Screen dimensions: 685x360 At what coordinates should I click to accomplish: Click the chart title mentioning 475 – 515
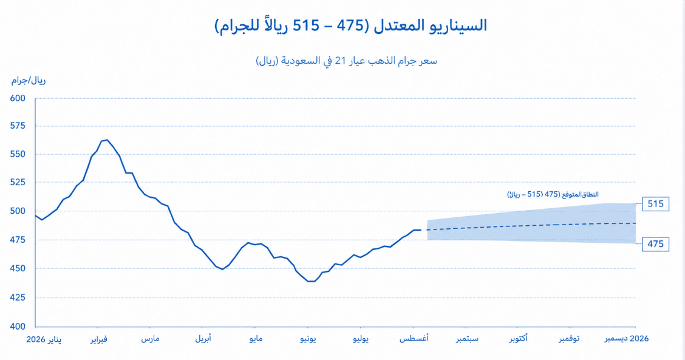350,25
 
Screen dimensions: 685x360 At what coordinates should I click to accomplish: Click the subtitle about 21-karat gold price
346,61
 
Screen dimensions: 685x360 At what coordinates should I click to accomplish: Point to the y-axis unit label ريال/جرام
29,80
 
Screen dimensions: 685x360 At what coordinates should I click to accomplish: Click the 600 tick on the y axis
18,98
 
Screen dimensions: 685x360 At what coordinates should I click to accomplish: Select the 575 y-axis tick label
18,126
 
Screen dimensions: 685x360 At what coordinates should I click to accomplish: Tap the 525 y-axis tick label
18,182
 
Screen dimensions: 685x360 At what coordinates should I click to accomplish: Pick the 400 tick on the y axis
18,326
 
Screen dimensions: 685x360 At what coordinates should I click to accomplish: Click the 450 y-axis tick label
18,268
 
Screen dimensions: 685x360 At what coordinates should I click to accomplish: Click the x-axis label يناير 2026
44,339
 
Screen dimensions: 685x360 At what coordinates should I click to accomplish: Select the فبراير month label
99,339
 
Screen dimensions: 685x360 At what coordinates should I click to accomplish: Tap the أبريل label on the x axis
203,339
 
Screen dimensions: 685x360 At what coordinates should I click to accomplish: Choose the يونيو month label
308,339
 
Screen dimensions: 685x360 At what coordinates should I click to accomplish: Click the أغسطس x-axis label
414,339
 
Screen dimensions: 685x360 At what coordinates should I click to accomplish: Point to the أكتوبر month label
519,339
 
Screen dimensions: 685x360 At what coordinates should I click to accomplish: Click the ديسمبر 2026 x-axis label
627,339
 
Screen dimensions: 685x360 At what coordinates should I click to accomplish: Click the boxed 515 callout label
655,203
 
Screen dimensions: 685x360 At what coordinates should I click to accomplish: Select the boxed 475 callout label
655,244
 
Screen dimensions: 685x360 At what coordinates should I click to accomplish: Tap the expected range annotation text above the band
553,194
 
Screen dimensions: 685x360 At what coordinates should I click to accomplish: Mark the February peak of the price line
107,140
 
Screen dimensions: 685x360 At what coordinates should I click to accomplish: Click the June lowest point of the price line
311,281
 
